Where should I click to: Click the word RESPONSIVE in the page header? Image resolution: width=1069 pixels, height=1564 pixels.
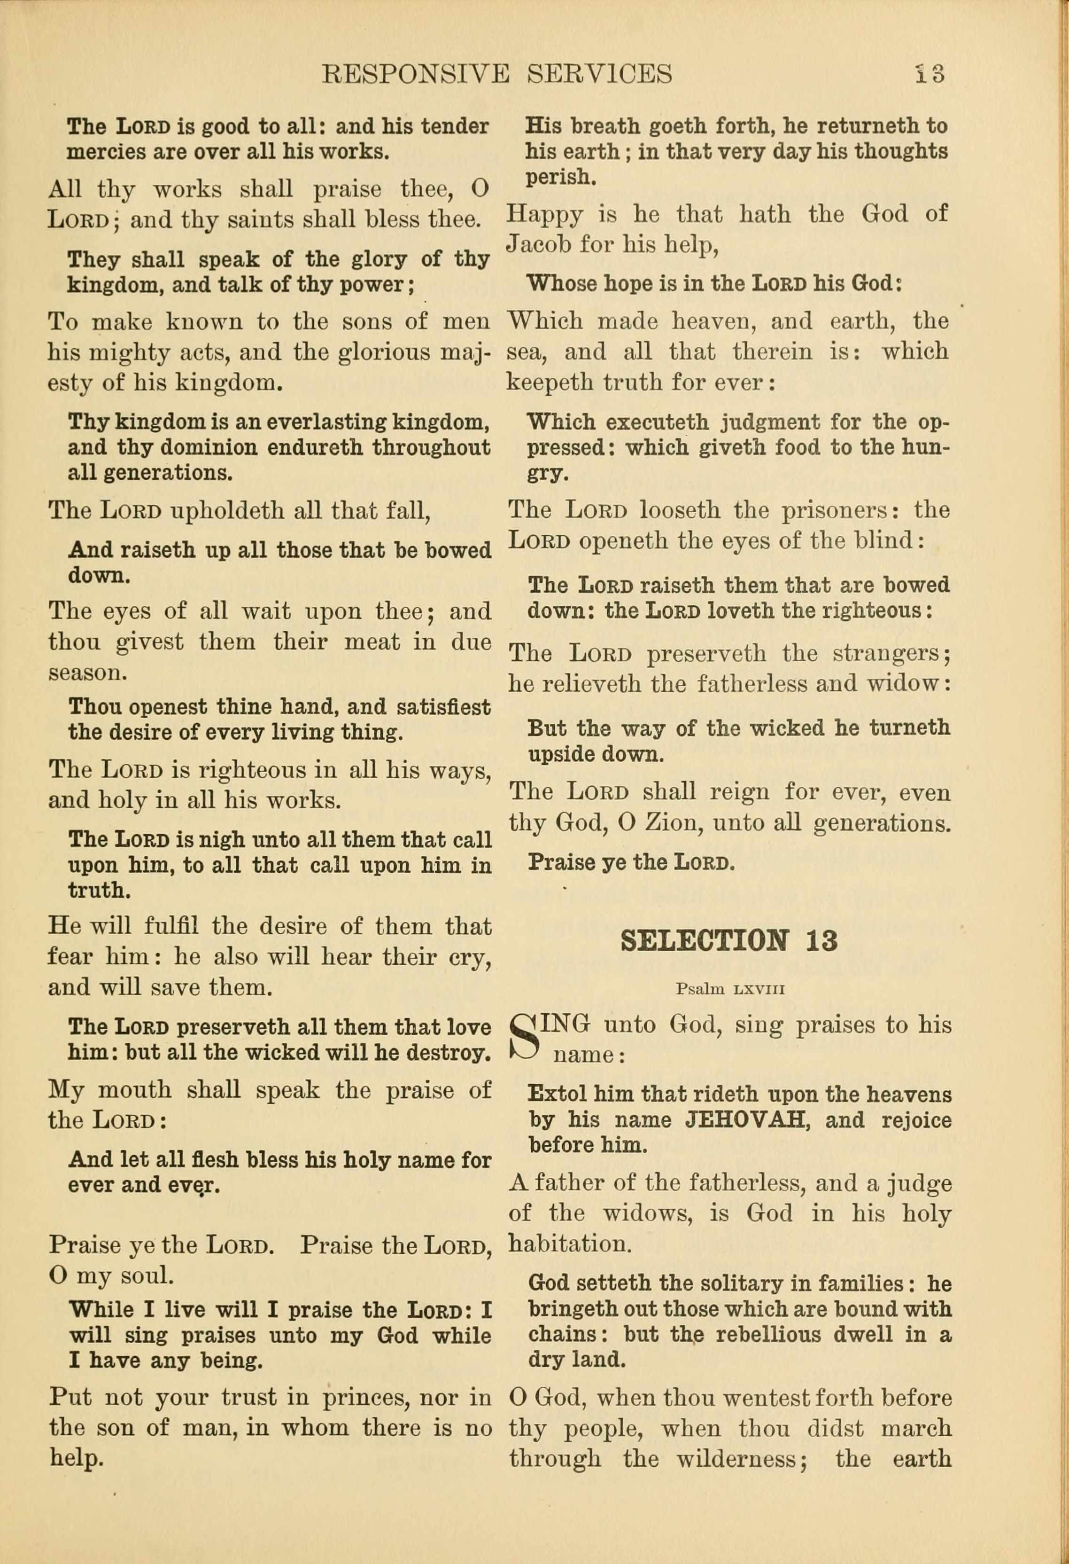pyautogui.click(x=415, y=73)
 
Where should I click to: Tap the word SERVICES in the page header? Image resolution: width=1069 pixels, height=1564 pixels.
pyautogui.click(x=599, y=73)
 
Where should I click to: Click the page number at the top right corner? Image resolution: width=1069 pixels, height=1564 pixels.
pyautogui.click(x=930, y=73)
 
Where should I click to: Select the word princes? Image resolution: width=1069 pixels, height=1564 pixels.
pyautogui.click(x=363, y=1398)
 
